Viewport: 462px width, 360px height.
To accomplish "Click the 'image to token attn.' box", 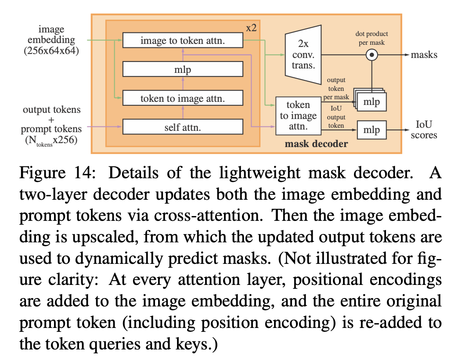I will (183, 41).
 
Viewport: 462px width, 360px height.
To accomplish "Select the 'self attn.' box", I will (183, 127).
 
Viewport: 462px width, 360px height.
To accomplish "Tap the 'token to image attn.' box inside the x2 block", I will (183, 98).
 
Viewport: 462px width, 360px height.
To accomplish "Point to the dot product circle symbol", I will (372, 55).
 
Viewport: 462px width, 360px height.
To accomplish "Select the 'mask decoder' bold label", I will (316, 144).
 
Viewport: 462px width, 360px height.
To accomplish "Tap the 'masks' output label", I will (424, 55).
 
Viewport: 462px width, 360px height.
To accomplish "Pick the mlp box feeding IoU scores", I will (372, 130).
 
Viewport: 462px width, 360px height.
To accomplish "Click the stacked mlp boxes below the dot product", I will (372, 102).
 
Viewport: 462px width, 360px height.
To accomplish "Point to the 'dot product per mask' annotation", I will (372, 38).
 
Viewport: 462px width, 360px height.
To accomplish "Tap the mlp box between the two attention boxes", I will (183, 69).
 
